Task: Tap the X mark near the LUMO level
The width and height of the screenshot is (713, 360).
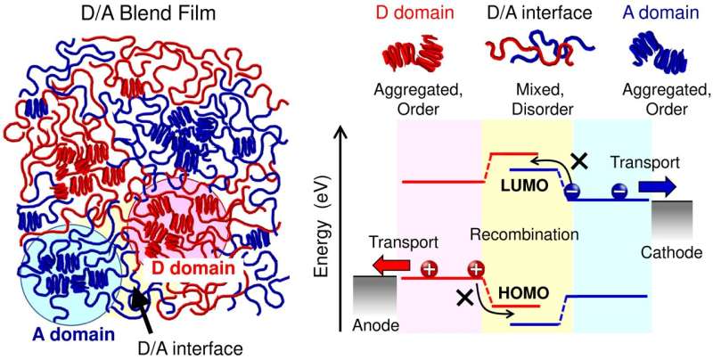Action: (580, 160)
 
